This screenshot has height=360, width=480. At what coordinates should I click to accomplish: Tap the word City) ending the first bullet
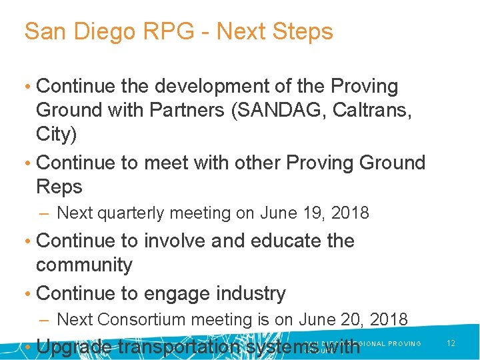pos(56,134)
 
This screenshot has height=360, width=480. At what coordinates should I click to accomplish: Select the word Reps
pos(59,187)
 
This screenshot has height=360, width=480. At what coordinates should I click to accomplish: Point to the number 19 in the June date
pos(305,213)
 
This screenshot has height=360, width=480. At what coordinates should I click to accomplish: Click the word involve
pos(178,241)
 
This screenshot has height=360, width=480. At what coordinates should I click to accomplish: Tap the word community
pos(84,265)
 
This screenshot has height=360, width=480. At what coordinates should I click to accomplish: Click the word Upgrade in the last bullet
pos(75,347)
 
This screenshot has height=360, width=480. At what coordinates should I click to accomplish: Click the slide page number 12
pos(451,343)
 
